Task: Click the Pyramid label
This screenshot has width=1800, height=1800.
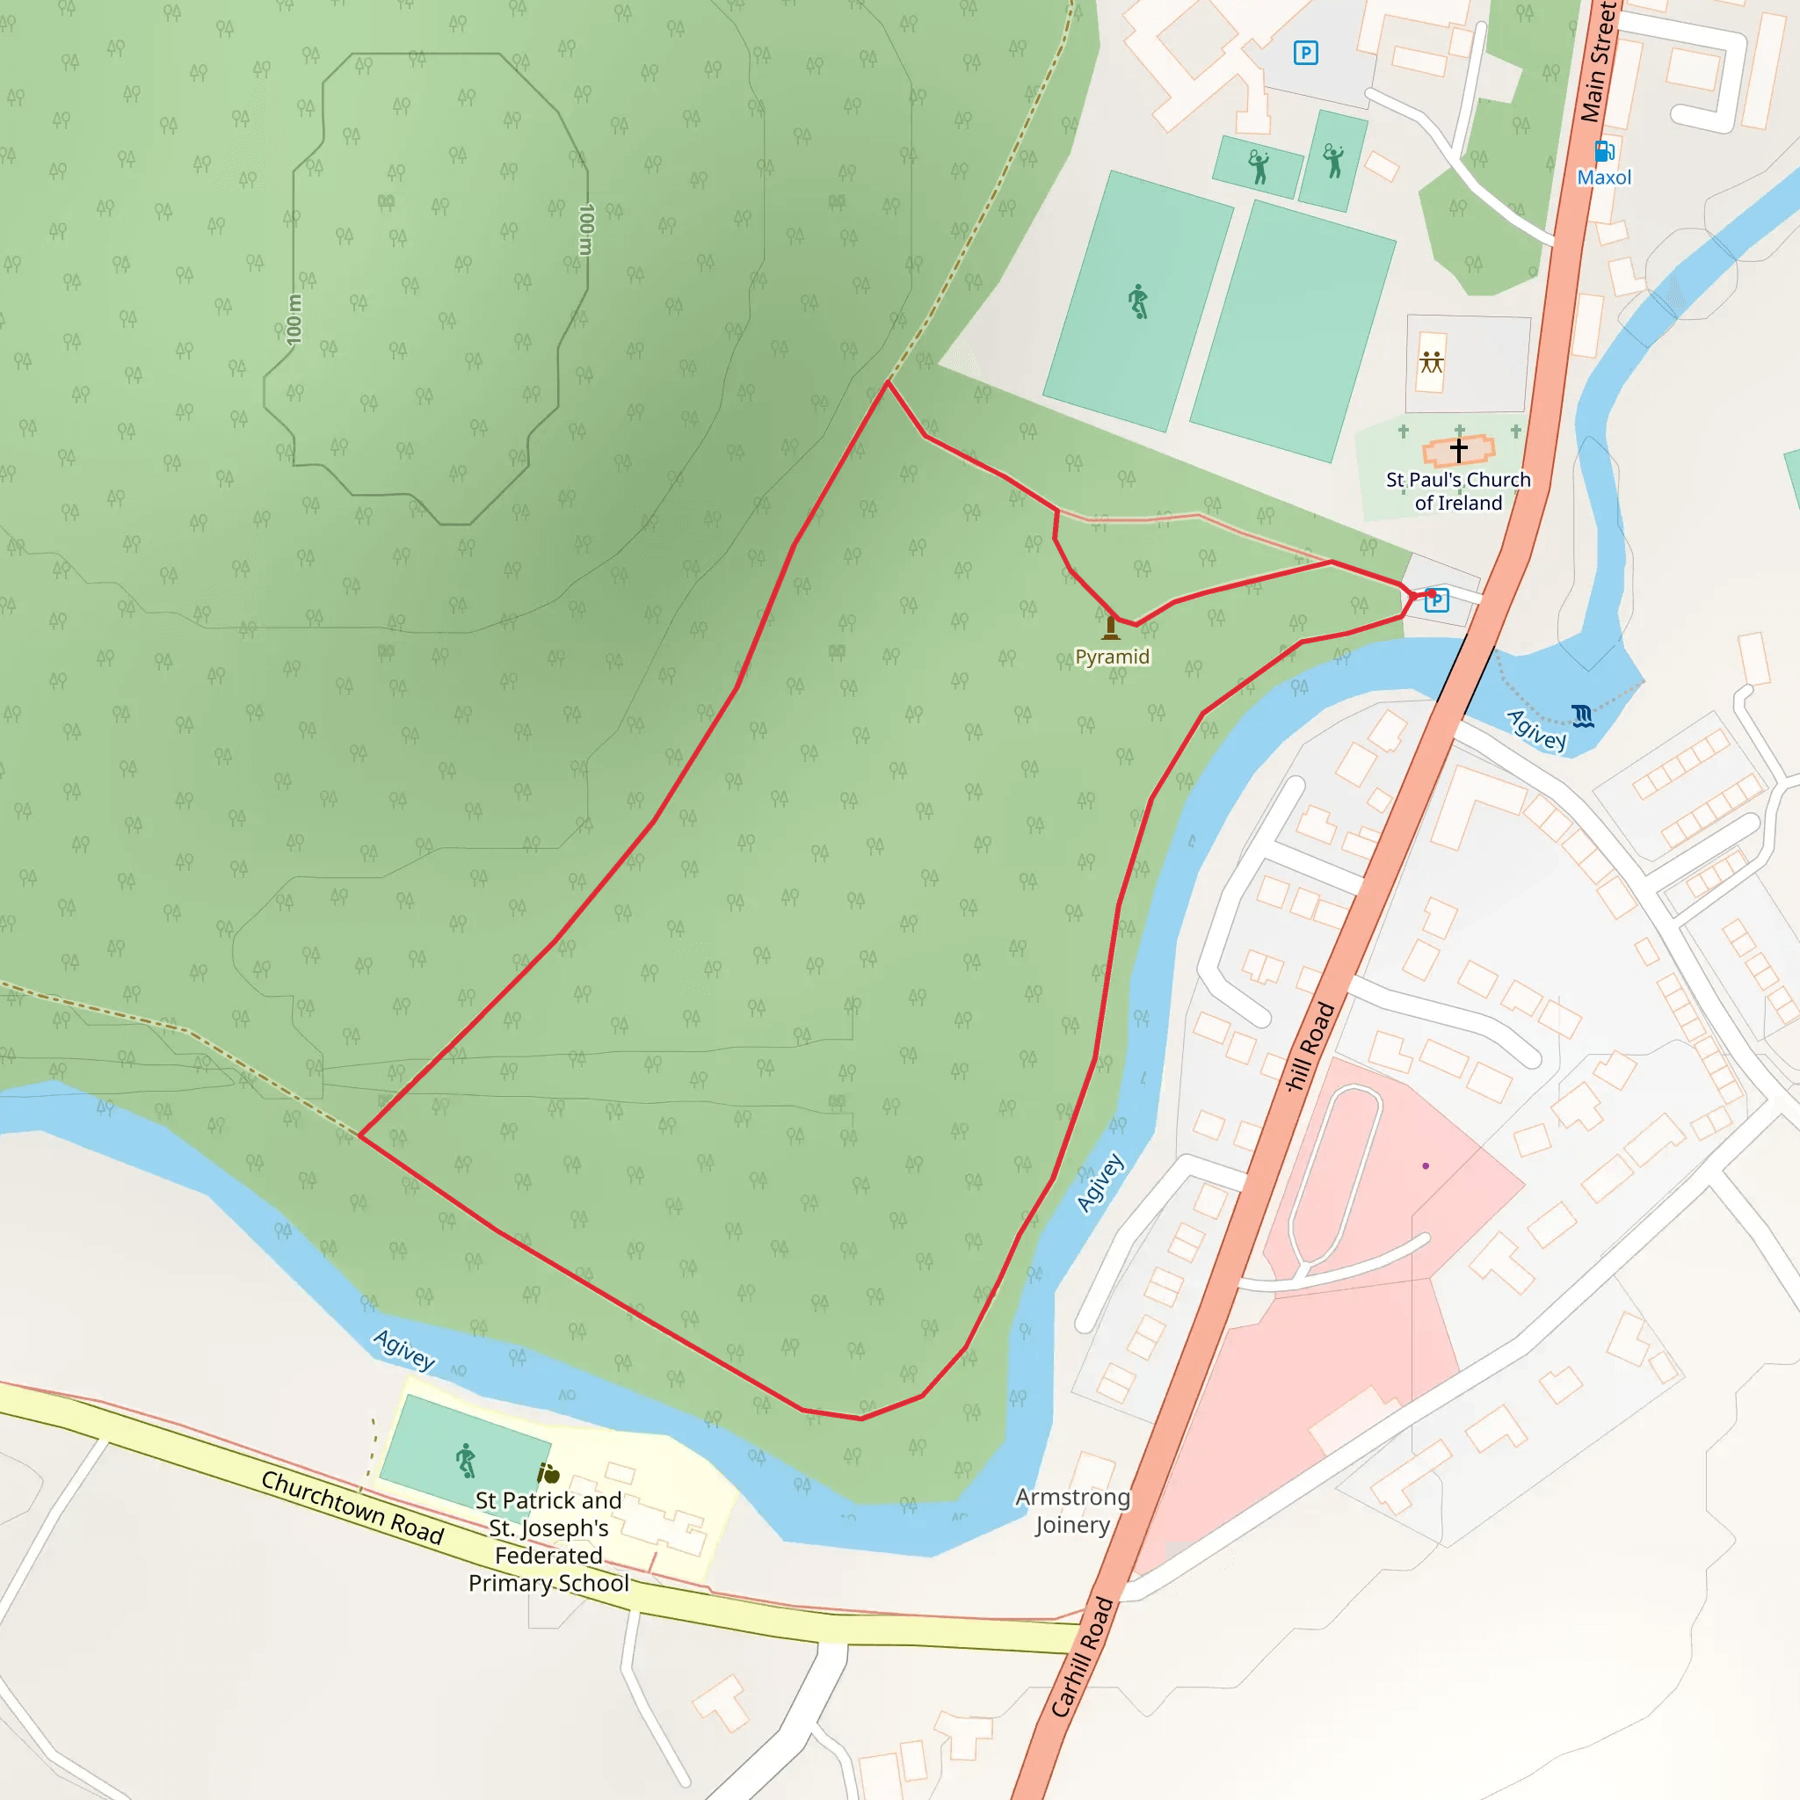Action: [x=1112, y=657]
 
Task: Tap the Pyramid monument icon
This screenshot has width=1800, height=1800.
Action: [x=1111, y=627]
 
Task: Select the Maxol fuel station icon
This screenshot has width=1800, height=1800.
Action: [x=1603, y=151]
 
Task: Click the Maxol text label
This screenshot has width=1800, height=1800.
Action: [x=1603, y=177]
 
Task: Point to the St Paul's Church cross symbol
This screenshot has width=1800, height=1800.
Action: [x=1458, y=450]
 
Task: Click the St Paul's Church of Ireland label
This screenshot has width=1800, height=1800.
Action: [x=1458, y=491]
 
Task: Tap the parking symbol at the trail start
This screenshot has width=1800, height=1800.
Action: [x=1437, y=600]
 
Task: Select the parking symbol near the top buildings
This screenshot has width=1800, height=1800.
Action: [x=1305, y=53]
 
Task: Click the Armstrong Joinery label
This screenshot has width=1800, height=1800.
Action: [x=1072, y=1510]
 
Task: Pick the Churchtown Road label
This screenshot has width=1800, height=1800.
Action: [x=352, y=1506]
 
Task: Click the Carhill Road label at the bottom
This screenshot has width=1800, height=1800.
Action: [x=1082, y=1657]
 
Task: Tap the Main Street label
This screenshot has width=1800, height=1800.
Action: [x=1600, y=61]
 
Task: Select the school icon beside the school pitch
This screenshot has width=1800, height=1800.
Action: [x=548, y=1473]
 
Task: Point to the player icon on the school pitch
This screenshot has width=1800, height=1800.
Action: [x=466, y=1460]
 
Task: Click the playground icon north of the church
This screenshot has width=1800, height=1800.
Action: [x=1431, y=362]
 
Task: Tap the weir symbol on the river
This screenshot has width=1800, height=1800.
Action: [x=1582, y=715]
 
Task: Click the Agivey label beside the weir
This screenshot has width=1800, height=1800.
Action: [x=1536, y=730]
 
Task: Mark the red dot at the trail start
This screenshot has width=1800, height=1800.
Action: [x=1431, y=592]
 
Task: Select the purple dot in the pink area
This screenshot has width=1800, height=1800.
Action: [x=1426, y=1165]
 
